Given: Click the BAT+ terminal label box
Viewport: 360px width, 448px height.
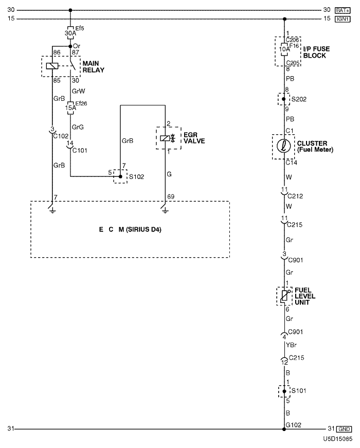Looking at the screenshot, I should (343, 10).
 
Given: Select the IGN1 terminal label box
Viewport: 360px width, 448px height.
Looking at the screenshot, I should (343, 19).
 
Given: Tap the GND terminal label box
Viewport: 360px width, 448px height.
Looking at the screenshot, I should (344, 429).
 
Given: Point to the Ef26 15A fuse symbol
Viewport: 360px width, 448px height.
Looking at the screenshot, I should (70, 108).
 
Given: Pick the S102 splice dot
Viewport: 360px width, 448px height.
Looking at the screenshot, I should (120, 176).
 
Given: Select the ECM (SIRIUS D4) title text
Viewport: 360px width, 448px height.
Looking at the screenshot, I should (130, 229).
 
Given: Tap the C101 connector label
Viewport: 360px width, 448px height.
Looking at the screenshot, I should (80, 150).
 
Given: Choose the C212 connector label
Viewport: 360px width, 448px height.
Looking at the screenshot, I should (295, 195).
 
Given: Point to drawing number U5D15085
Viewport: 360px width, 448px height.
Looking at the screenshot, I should (337, 440).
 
